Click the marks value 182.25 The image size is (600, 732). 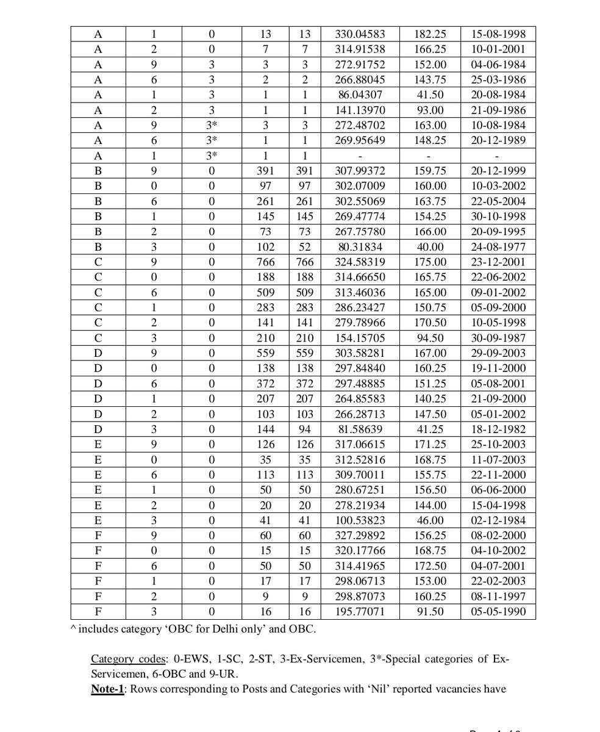click(430, 34)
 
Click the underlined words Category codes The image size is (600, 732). click(127, 659)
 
